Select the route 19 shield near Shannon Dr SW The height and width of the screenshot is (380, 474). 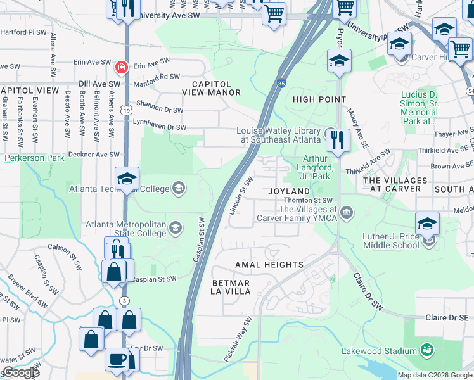pos(127,110)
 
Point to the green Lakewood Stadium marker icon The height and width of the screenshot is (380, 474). pos(427,350)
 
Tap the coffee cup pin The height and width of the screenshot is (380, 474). pos(117,359)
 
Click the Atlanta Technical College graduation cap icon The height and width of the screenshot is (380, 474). pos(179,187)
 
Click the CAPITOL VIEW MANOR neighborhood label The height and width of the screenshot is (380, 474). pos(211,88)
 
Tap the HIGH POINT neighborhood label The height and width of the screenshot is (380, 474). pos(319,99)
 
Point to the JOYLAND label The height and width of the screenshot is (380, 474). pos(288,191)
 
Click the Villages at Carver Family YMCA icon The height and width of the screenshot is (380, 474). pos(346,212)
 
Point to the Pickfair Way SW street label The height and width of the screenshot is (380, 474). pos(238,339)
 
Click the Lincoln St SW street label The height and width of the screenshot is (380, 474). pos(241,195)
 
